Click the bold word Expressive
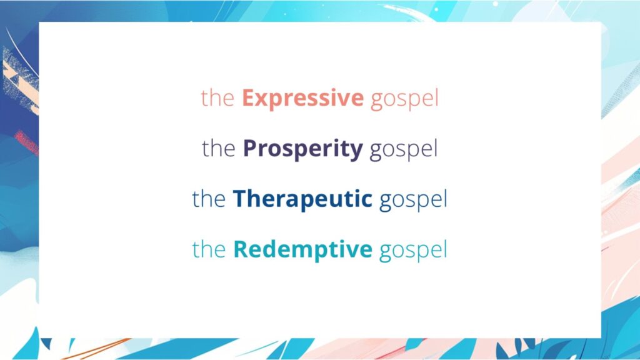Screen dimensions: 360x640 [x=302, y=99]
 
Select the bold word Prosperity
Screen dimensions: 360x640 [x=302, y=149]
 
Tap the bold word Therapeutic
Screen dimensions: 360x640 [x=302, y=199]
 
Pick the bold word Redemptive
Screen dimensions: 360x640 [x=302, y=249]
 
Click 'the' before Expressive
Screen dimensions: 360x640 [x=217, y=99]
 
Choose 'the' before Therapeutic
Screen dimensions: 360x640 [x=209, y=199]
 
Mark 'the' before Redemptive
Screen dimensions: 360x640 [x=209, y=249]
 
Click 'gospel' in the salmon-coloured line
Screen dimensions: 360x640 [x=404, y=100]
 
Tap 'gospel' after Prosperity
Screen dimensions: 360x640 [x=403, y=151]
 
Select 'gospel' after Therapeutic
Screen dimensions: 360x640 [x=413, y=201]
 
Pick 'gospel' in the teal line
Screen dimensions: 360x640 [x=413, y=251]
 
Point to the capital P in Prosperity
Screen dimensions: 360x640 [x=249, y=149]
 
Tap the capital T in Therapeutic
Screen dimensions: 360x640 [x=239, y=199]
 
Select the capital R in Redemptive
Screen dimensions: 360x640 [x=240, y=249]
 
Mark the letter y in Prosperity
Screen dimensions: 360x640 [x=357, y=152]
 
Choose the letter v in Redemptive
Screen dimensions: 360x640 [x=351, y=251]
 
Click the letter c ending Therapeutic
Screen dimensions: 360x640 [x=367, y=201]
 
